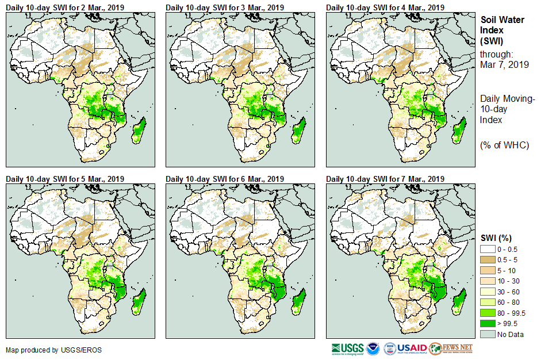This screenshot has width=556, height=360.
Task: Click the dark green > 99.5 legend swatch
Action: pos(488,324)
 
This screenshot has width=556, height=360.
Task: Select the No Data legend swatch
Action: pos(488,334)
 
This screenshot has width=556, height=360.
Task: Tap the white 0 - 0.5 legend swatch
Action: pos(488,248)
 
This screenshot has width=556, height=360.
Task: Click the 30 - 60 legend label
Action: pos(509,292)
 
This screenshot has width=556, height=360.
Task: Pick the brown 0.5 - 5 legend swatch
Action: pos(488,259)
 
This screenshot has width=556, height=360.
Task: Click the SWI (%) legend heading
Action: pos(496,238)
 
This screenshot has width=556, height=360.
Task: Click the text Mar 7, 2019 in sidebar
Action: pos(504,64)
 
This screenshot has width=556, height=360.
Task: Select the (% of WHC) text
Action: pos(504,145)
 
